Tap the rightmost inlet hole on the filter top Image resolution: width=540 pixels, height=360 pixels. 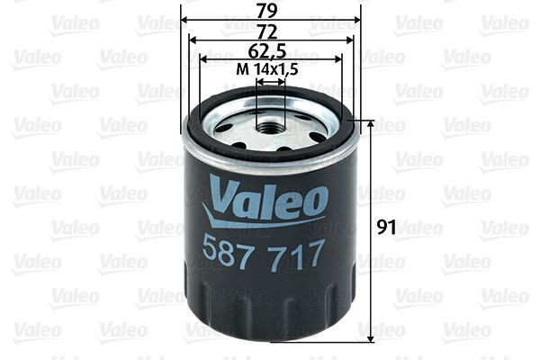[x=316, y=137]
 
